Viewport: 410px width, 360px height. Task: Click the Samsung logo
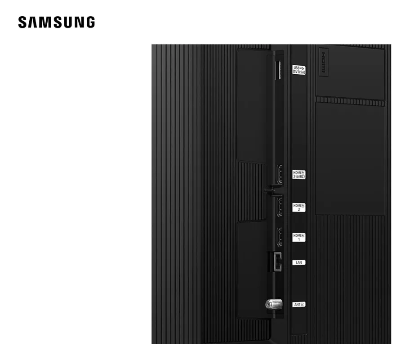[56, 22]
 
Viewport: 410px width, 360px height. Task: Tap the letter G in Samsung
[89, 22]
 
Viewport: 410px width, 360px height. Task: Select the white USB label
[299, 70]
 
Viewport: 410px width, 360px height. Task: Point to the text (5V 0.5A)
[299, 72]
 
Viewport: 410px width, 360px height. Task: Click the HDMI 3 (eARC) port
[279, 174]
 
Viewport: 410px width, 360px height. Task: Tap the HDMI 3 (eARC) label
[299, 174]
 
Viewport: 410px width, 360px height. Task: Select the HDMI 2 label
[299, 207]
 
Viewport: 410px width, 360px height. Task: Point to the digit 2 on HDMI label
[299, 210]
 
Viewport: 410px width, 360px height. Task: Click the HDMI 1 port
[279, 237]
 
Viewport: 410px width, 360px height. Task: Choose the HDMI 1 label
[299, 237]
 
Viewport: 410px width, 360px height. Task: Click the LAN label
[299, 262]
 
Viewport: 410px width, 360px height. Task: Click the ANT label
[299, 305]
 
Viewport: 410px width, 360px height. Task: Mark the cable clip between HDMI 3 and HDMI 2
[270, 190]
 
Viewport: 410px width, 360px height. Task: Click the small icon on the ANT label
[303, 305]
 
